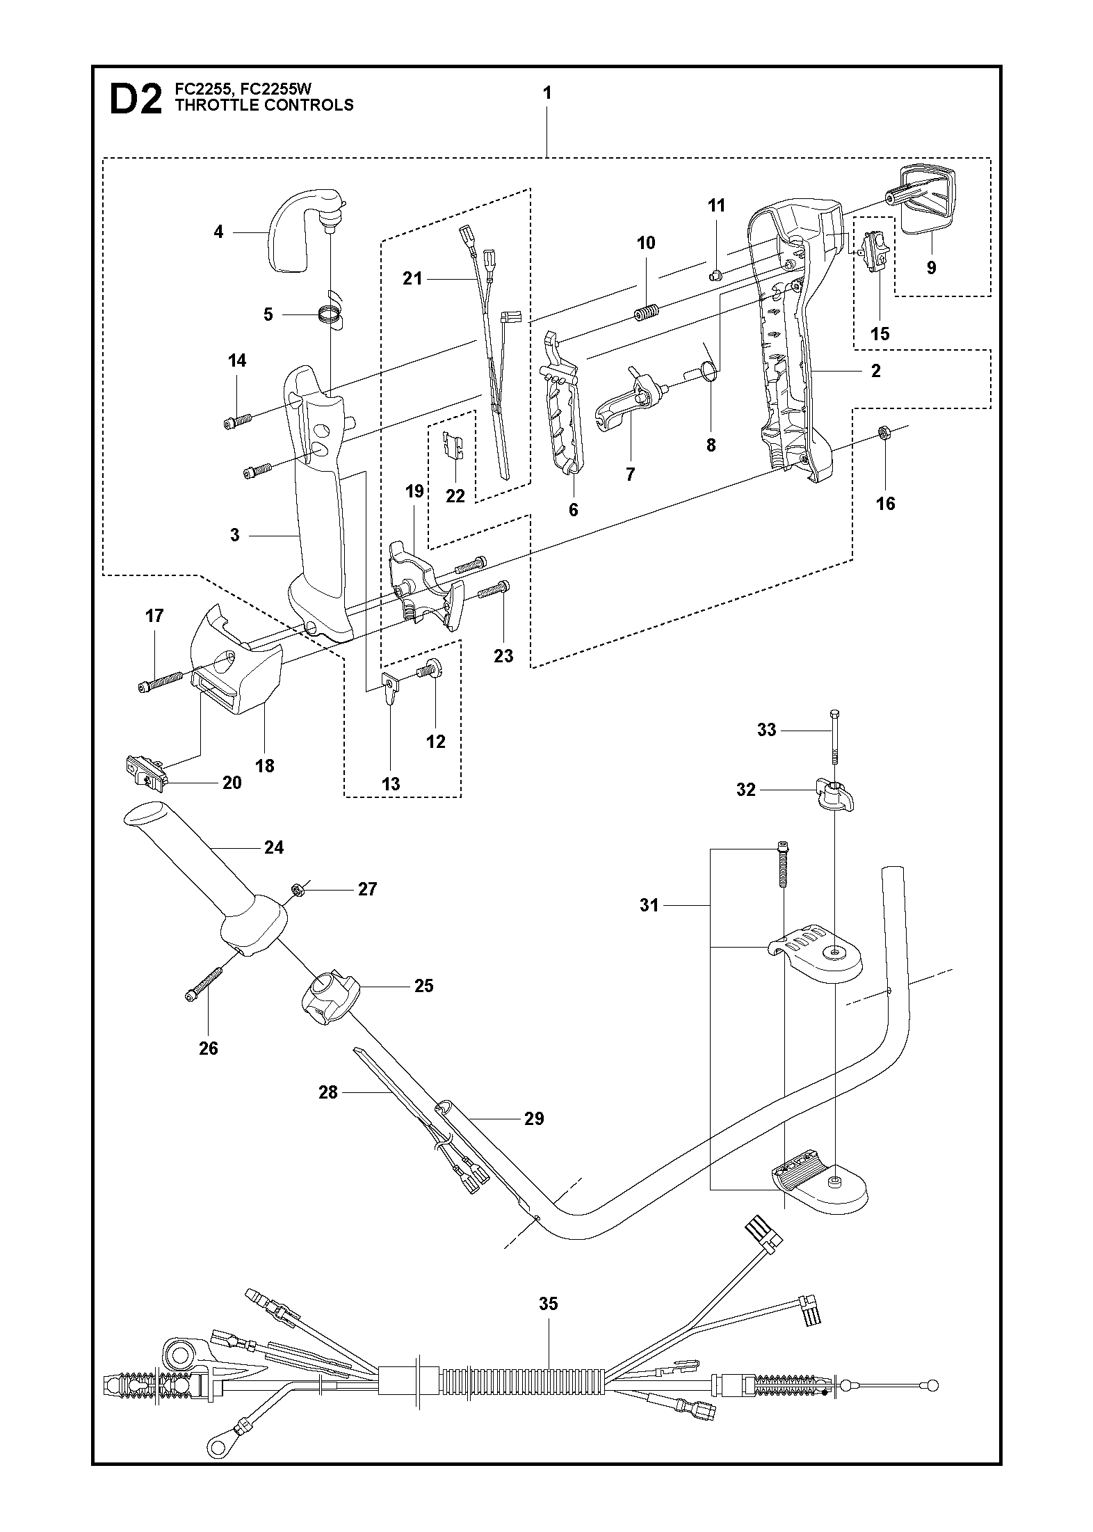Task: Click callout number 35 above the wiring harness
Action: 549,1303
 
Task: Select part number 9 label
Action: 931,267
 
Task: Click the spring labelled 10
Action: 646,314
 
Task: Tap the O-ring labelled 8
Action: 709,371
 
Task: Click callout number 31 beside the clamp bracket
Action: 649,906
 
